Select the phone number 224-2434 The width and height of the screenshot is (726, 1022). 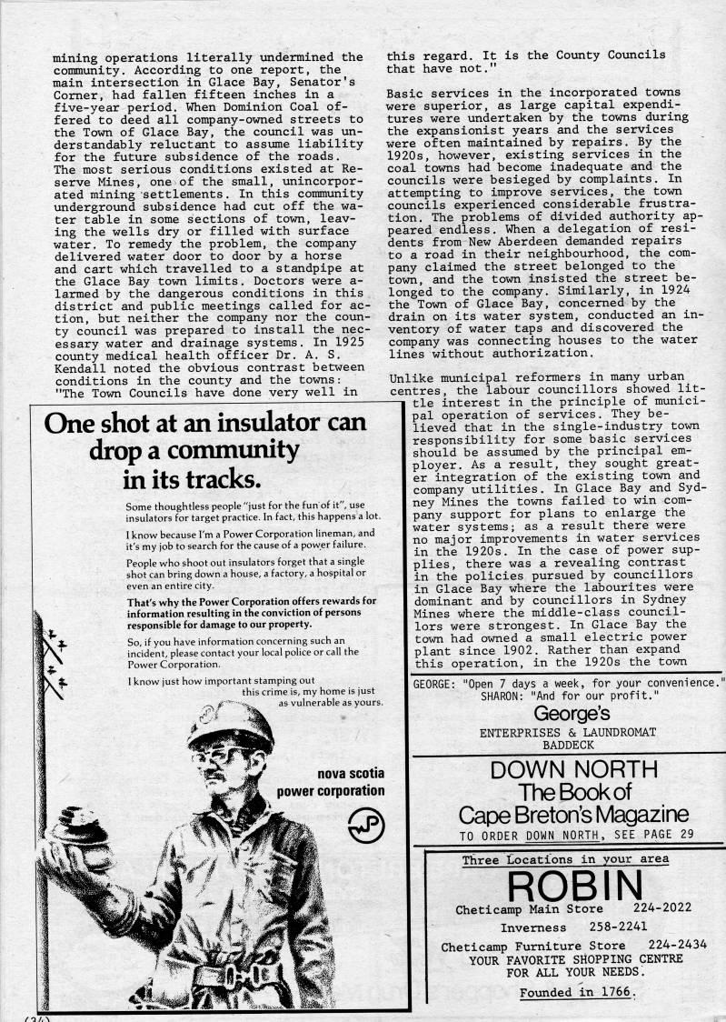coord(678,947)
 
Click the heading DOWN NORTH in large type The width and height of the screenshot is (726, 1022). coord(573,770)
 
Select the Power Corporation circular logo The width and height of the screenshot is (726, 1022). coord(367,825)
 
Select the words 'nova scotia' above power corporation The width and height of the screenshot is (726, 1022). coord(351,774)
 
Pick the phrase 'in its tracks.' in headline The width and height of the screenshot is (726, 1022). coord(193,478)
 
